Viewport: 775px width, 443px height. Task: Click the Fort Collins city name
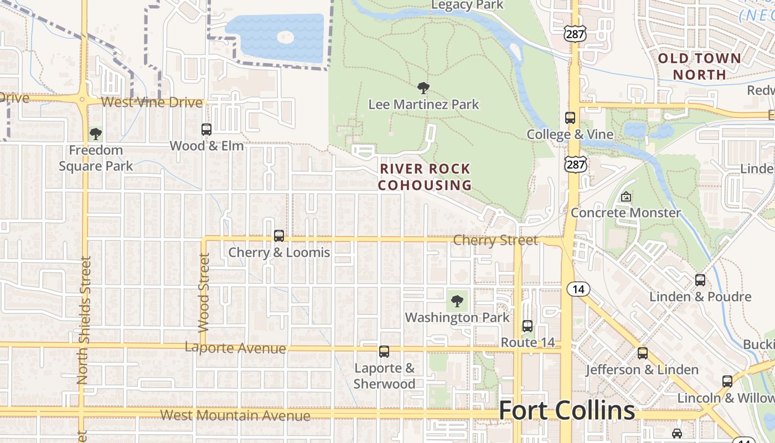coord(567,411)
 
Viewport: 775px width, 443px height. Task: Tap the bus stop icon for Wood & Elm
coord(206,130)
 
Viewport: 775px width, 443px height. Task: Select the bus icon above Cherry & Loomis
coord(279,236)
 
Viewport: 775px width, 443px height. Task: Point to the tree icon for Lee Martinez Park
coord(423,87)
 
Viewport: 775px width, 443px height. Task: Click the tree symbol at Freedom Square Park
coord(96,133)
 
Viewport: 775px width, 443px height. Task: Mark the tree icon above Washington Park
coord(457,301)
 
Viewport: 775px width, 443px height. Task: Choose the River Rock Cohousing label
coord(425,177)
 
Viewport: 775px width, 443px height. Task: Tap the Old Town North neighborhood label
coord(699,66)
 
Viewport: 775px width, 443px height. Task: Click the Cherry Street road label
coord(495,240)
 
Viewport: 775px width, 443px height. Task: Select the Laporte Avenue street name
coord(235,348)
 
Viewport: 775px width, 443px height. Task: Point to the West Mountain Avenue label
coord(235,415)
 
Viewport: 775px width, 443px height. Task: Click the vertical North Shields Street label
coord(84,321)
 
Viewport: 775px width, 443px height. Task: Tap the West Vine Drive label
coord(152,102)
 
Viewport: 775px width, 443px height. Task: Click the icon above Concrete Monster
coord(626,197)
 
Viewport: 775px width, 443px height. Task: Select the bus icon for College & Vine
coord(570,118)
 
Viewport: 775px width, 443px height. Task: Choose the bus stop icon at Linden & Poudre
coord(700,280)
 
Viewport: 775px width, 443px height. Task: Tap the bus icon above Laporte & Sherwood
coord(384,352)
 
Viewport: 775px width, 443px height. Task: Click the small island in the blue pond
coord(285,38)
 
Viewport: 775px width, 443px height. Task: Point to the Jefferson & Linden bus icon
coord(642,353)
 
